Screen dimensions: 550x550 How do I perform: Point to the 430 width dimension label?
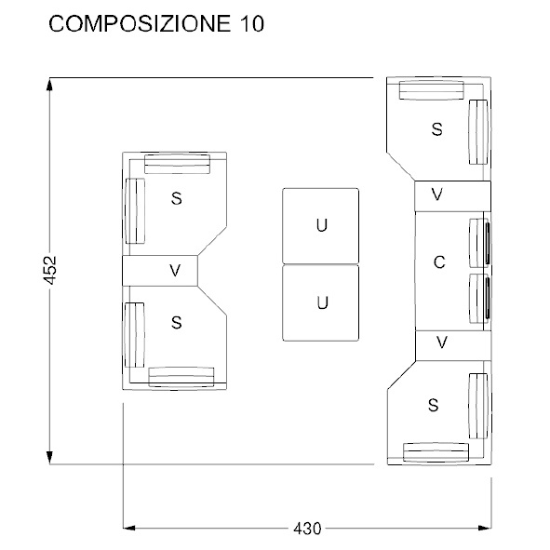pos(307,529)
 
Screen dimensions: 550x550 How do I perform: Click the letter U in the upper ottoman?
pos(321,226)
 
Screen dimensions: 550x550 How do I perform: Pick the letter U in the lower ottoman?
pos(321,302)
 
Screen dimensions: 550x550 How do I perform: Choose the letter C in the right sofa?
pos(439,264)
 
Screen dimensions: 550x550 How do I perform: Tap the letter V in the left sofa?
pos(174,270)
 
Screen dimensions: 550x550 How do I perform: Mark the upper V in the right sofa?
pos(437,195)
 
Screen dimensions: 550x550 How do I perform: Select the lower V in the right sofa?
pos(442,342)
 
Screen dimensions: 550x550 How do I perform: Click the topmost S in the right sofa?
pos(436,130)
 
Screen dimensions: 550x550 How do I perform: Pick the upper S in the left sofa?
pos(176,198)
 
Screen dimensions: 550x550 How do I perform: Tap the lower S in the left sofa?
pos(175,322)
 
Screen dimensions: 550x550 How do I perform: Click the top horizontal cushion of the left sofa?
pos(177,164)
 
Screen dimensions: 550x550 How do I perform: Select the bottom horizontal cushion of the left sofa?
pos(181,376)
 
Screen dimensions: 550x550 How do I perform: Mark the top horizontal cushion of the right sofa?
pos(432,89)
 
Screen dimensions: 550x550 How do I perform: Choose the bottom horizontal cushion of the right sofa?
pos(436,451)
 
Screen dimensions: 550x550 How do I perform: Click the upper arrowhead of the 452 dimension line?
pos(50,87)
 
